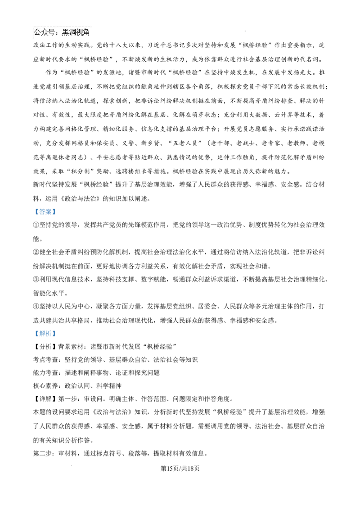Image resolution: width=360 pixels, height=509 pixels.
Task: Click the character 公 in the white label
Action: click(x=38, y=32)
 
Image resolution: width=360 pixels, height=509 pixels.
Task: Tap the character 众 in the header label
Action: click(x=45, y=32)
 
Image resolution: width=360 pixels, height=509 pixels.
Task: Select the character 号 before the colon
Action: click(x=52, y=32)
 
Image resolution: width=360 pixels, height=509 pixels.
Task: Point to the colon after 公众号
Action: click(x=58, y=33)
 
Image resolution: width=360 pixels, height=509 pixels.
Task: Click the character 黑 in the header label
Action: click(x=66, y=32)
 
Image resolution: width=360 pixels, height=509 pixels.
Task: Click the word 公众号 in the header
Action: click(x=45, y=32)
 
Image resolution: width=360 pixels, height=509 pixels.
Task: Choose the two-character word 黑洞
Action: click(x=69, y=32)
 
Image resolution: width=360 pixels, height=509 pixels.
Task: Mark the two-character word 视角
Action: click(x=83, y=32)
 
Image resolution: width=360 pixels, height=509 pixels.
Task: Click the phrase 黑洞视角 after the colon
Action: click(x=76, y=32)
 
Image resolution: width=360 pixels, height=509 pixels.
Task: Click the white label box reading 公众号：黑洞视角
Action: click(x=61, y=32)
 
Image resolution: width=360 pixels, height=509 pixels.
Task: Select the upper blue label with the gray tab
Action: click(x=45, y=212)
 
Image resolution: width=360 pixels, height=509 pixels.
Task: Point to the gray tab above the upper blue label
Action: click(x=45, y=207)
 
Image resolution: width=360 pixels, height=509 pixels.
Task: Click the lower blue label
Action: click(x=45, y=333)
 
